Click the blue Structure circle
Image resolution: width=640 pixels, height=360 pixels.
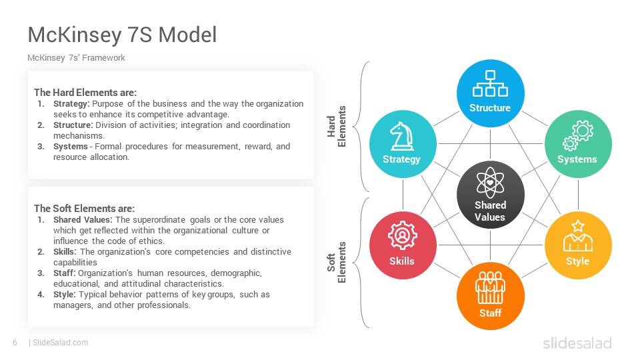pos(490,93)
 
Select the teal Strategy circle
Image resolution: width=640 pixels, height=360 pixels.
pos(403,144)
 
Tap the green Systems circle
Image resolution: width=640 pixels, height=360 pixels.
pos(578,144)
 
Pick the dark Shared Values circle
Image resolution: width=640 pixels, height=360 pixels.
pos(490,194)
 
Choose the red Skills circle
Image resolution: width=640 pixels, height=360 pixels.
pos(403,245)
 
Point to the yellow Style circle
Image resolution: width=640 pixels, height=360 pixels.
pos(578,245)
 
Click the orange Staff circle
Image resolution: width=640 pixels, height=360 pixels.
pos(490,295)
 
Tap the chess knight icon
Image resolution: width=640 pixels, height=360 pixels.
pos(401,136)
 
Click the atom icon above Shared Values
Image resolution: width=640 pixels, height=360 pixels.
pos(490,183)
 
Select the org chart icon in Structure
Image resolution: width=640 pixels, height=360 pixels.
pos(490,84)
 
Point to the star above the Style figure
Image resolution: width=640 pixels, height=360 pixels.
pos(578,226)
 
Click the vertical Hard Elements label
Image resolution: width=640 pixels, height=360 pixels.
pos(336,127)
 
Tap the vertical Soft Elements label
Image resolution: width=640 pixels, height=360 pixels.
pos(336,263)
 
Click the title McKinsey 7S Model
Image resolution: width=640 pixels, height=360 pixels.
pos(122,35)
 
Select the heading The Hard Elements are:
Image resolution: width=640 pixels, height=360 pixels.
pos(85,93)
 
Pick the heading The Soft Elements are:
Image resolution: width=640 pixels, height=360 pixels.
pos(84,209)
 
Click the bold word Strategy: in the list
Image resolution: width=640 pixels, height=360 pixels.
pos(71,104)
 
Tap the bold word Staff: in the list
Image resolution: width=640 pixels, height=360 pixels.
pos(65,273)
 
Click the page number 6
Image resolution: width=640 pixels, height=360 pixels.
pos(15,343)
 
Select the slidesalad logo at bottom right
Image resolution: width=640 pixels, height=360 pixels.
pos(577,343)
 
